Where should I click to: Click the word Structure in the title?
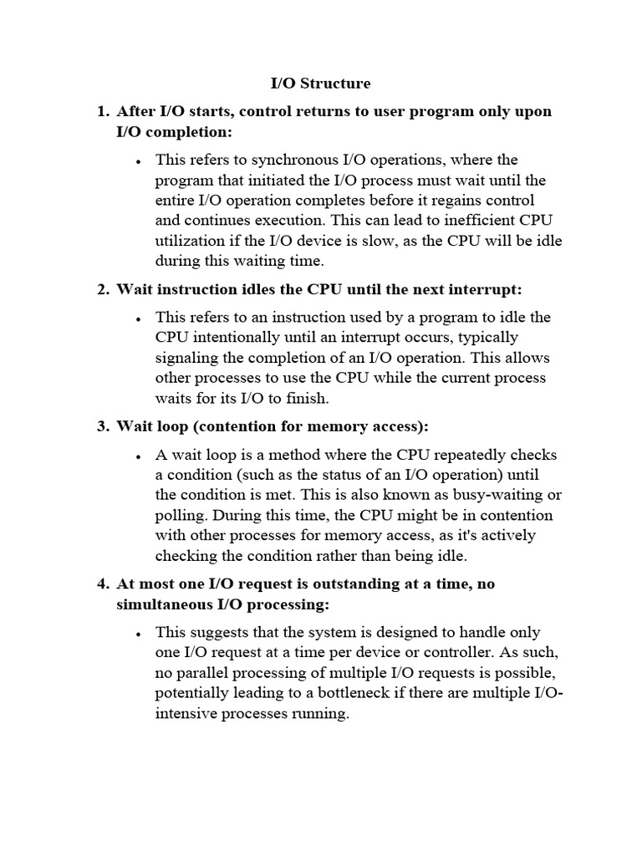click(334, 84)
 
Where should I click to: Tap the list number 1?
click(102, 112)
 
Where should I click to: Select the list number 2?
click(102, 290)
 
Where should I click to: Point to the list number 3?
click(102, 427)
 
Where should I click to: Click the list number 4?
click(102, 584)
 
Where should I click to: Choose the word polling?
click(180, 516)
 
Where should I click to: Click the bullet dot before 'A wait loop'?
click(136, 457)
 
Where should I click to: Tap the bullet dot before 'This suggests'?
click(136, 634)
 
